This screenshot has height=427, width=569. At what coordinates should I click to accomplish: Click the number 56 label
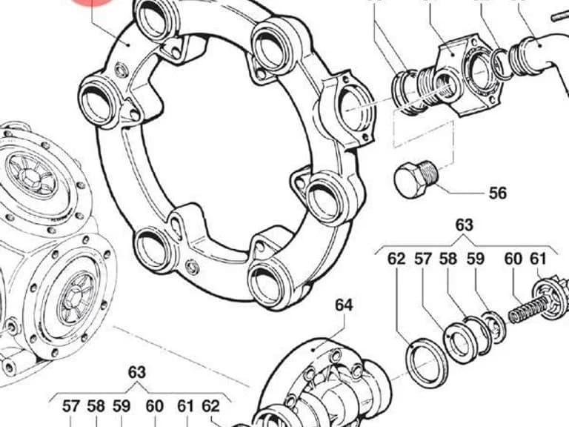(498, 193)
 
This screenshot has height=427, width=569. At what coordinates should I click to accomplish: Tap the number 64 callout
(344, 305)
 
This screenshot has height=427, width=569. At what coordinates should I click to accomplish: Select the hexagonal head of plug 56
(410, 179)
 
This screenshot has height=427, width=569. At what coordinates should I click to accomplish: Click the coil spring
(528, 311)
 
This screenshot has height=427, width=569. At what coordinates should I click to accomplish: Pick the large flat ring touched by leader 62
(427, 362)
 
